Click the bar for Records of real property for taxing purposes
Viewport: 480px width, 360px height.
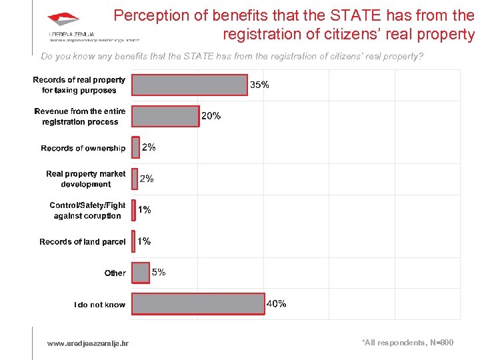tap(189, 85)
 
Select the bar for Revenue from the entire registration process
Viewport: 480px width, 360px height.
tap(165, 116)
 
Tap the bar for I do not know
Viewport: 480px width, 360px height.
tap(198, 303)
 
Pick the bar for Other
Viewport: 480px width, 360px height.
tap(141, 272)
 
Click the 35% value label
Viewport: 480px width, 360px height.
tap(259, 85)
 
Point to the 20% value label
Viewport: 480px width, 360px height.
tap(211, 116)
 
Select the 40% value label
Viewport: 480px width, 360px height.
tap(277, 303)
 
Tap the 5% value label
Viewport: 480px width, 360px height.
tap(159, 272)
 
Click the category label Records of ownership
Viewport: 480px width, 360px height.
tap(83, 148)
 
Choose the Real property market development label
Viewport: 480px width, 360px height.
tap(85, 179)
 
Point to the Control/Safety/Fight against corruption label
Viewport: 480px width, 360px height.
tap(87, 210)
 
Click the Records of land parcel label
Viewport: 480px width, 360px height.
tap(82, 241)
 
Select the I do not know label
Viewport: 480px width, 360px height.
tap(99, 305)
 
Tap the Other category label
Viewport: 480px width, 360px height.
tap(115, 273)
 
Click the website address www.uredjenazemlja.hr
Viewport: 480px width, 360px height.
tap(87, 343)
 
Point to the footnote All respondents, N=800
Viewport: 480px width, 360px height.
tap(407, 342)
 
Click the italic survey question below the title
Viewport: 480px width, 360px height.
tap(232, 57)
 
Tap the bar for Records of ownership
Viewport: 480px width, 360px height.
tap(135, 147)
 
